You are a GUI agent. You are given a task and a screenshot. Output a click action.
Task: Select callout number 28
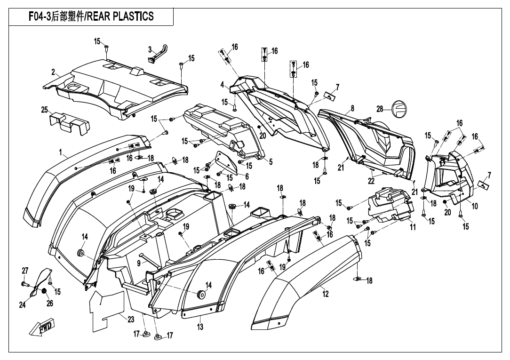380,109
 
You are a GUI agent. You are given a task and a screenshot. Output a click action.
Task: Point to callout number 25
45,110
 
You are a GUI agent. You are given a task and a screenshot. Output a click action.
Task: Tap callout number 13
200,327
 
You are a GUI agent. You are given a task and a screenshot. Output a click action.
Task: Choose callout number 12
326,294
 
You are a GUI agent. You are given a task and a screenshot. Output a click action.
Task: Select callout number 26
50,304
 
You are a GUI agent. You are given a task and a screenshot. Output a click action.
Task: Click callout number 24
22,305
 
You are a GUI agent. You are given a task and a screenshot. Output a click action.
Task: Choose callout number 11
413,227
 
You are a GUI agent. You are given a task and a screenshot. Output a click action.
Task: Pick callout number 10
475,206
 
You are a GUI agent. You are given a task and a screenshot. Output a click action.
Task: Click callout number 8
352,108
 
